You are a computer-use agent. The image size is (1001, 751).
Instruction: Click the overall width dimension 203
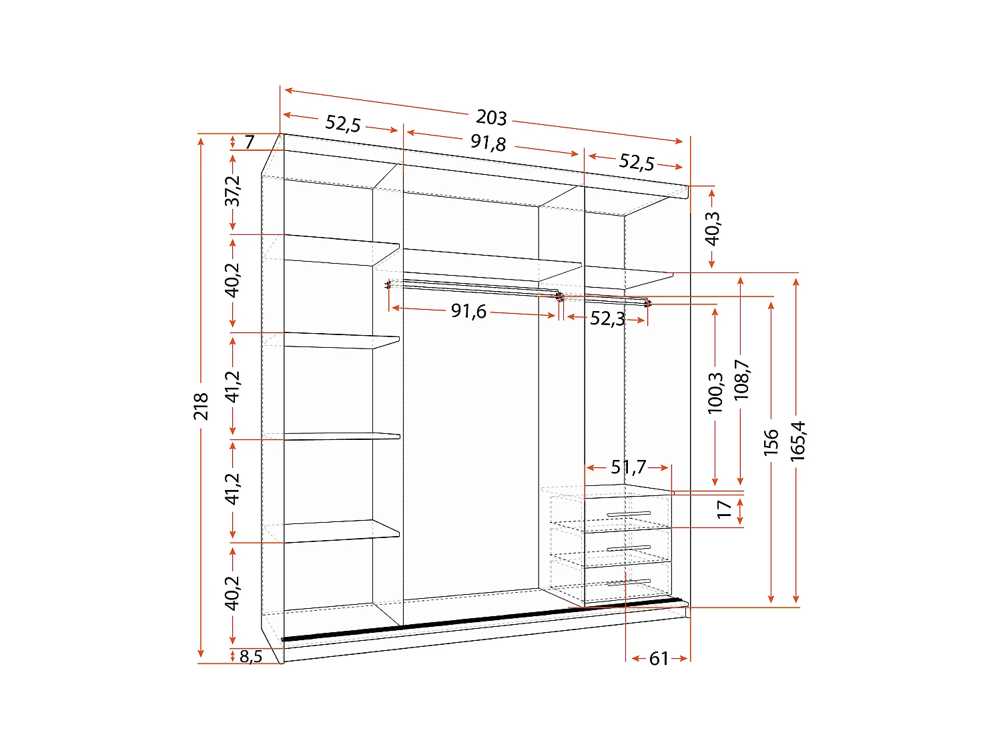tap(491, 117)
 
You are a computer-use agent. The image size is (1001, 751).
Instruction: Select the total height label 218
tap(201, 407)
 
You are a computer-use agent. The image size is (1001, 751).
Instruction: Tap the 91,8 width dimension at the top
tap(488, 142)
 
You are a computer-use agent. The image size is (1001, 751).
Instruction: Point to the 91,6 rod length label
tap(468, 311)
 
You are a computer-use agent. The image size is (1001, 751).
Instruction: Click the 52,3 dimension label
tap(607, 318)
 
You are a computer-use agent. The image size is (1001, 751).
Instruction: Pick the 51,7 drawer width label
tap(628, 467)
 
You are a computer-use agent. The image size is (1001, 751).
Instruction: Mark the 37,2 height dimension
tap(232, 192)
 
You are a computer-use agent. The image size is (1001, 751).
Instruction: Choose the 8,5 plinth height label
tap(251, 657)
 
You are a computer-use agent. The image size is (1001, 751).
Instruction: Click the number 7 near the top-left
tap(250, 142)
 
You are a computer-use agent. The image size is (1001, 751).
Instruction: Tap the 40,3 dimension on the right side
tap(712, 229)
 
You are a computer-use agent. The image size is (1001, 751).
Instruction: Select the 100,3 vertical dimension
tap(715, 393)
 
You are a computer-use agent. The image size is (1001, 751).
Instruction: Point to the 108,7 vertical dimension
tap(741, 381)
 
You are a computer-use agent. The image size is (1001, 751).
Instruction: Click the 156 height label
tap(771, 443)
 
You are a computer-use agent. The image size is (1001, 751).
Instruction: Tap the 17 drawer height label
tap(724, 509)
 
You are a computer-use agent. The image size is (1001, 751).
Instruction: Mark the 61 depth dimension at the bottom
tap(659, 659)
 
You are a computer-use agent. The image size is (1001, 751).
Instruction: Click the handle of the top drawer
tap(629, 514)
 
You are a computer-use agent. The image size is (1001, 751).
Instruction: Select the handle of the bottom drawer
tap(629, 582)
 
